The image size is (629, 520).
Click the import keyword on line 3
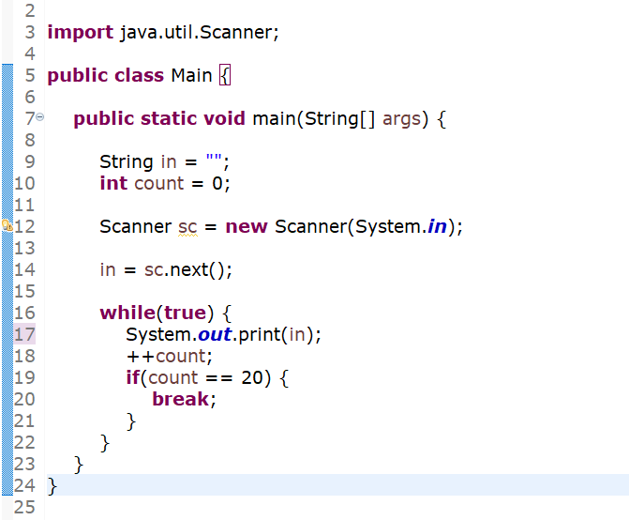(x=80, y=33)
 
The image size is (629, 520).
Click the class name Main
(x=191, y=75)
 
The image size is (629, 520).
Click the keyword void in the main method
(x=225, y=119)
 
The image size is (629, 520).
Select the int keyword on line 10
(x=113, y=183)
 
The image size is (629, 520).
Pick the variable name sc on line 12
(x=187, y=227)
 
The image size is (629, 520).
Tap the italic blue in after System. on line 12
(x=436, y=227)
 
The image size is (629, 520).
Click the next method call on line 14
(x=191, y=270)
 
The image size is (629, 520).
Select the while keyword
(x=128, y=313)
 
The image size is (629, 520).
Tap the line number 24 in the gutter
(x=25, y=486)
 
